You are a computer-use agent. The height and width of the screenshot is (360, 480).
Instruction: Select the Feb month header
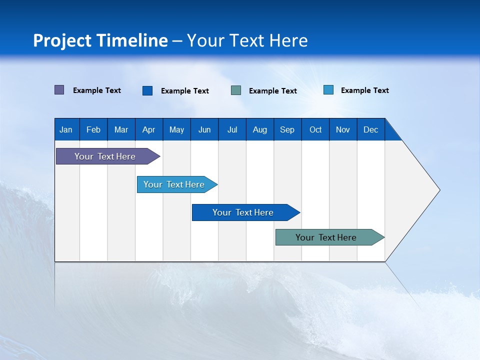pos(93,129)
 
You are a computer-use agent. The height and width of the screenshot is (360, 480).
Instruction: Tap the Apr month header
pos(149,129)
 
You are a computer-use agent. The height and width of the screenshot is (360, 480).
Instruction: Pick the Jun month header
pos(204,129)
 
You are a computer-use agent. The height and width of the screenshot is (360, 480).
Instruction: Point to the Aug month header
pos(260,129)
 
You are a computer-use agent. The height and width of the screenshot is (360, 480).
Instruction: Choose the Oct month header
pos(315,129)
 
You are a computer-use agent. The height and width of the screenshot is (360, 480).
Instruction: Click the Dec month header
pos(371,129)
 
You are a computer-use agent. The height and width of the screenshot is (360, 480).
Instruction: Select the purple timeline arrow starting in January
pos(108,156)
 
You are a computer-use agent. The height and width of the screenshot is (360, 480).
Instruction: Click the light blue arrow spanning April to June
pos(177,184)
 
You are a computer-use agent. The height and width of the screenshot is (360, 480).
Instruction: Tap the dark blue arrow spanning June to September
pos(246,212)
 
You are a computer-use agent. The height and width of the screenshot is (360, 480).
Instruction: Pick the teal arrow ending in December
pos(330,237)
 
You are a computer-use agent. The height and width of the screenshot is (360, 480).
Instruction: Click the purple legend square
pos(59,90)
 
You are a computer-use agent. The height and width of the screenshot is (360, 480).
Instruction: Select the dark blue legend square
pos(147,90)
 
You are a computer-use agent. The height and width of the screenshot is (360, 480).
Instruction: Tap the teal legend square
pos(236,90)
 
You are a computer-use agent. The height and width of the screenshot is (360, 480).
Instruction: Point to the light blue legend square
pos(328,89)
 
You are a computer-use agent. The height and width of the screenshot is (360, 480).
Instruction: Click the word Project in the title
pos(62,41)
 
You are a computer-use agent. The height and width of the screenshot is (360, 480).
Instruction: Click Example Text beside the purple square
pos(96,90)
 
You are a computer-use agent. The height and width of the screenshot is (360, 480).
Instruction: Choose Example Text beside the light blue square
pos(365,90)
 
